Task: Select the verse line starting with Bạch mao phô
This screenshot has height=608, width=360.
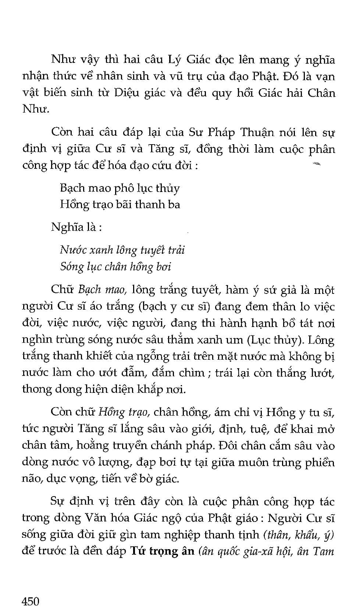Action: [120, 188]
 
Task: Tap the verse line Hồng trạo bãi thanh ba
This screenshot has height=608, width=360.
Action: [120, 205]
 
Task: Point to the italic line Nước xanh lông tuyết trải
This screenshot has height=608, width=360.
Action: [122, 250]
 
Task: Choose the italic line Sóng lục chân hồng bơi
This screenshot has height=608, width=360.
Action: [115, 267]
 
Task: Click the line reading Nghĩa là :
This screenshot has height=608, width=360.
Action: [76, 227]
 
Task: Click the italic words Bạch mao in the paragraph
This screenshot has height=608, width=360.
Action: [103, 290]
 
